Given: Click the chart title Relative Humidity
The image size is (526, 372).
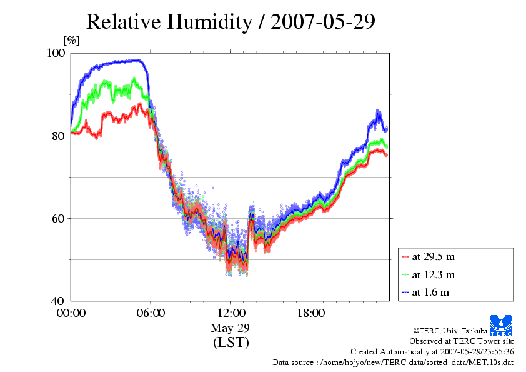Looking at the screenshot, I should pos(168,22).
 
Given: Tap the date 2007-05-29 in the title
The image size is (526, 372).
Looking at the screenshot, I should pos(316,22).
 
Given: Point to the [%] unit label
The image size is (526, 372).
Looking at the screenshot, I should pos(71,41).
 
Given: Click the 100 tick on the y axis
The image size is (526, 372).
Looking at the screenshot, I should pos(57,54).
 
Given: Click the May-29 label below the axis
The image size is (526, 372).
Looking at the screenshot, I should pos(231,328).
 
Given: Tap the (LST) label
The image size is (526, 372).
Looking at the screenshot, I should pos(231,343).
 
